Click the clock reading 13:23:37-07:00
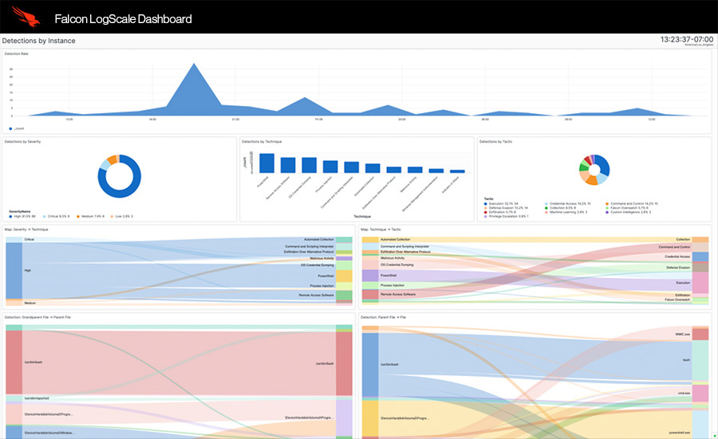(687, 38)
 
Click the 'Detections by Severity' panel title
(22, 141)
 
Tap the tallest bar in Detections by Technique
(266, 163)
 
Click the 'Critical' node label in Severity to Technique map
(30, 239)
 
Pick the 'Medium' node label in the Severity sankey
(30, 303)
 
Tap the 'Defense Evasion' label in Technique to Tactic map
(677, 268)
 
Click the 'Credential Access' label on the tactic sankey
(677, 257)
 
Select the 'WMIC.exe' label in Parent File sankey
(682, 335)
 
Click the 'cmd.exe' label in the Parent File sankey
(683, 393)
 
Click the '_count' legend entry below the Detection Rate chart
(19, 127)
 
